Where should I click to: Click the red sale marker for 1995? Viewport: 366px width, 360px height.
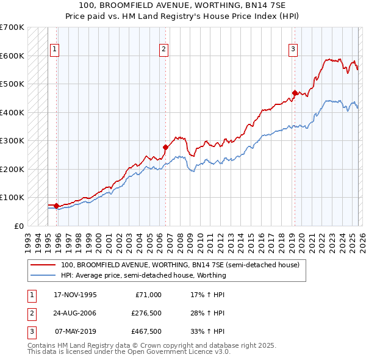tap(57, 206)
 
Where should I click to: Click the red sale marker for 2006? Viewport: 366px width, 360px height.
tap(165, 147)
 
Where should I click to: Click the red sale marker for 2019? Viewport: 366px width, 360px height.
tap(294, 93)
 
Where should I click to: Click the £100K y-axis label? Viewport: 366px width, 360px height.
tap(12, 198)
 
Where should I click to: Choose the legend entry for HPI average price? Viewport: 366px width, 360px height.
tap(143, 275)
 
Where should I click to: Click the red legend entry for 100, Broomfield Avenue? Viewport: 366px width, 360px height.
tap(180, 265)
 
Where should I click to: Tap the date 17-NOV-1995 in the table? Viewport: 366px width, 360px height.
tap(75, 295)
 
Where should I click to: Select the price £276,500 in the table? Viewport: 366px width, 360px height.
tap(146, 313)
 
